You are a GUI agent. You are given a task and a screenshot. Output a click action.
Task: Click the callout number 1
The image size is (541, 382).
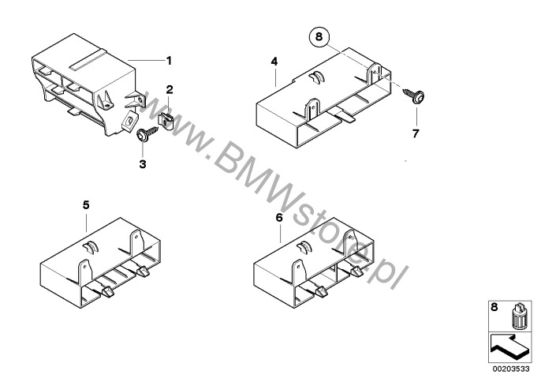click(x=169, y=61)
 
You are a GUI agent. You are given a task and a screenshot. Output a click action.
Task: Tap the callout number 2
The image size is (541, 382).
click(x=169, y=89)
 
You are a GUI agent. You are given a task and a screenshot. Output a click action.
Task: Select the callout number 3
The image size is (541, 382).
click(x=143, y=164)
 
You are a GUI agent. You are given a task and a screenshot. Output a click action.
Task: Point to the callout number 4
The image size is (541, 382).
click(x=274, y=62)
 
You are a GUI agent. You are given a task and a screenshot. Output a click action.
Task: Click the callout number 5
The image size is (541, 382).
click(x=86, y=205)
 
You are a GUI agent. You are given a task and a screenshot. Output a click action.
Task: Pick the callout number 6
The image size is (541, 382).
click(x=279, y=218)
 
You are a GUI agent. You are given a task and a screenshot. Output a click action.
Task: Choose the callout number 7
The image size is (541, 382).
click(x=416, y=133)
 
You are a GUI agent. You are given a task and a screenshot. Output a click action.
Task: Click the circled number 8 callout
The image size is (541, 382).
click(x=319, y=36)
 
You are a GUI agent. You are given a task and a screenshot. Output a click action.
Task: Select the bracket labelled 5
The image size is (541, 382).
click(x=101, y=263)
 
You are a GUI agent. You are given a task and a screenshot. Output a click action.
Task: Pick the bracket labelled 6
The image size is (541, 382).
click(x=314, y=263)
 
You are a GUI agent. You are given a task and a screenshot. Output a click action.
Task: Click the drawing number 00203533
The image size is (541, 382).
click(x=511, y=369)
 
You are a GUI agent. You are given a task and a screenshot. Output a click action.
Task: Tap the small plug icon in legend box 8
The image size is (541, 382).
click(x=517, y=315)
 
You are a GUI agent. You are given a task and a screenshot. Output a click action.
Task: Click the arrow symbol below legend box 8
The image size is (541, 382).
click(x=508, y=346)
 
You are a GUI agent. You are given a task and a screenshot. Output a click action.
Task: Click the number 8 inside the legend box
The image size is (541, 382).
click(x=494, y=307)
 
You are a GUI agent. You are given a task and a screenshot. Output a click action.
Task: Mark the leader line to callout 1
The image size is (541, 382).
click(x=146, y=61)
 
